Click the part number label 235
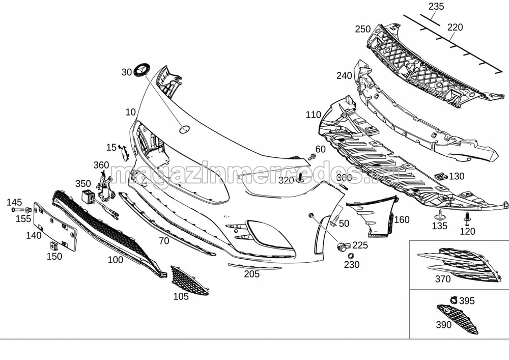[x=436, y=7]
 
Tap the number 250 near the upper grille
[x=363, y=29]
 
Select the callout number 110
[x=314, y=115]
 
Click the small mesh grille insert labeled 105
[x=189, y=281]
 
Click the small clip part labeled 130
[x=441, y=176]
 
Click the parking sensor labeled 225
[x=343, y=247]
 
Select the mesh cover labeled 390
[x=458, y=319]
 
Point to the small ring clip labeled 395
[x=453, y=300]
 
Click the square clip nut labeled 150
[x=53, y=246]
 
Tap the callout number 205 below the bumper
[x=251, y=274]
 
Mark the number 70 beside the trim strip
[x=163, y=241]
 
